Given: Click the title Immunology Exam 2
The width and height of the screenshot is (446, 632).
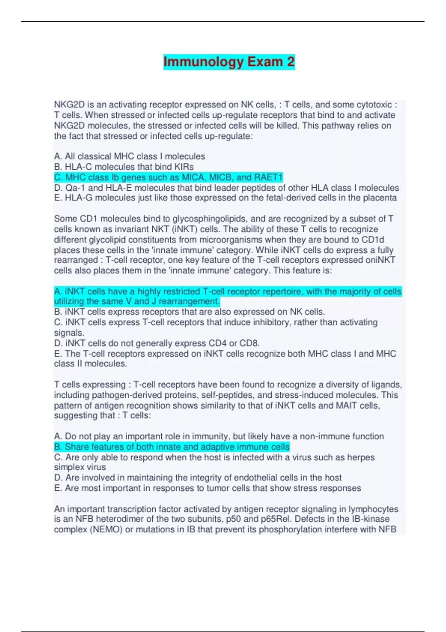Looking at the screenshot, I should click(229, 62).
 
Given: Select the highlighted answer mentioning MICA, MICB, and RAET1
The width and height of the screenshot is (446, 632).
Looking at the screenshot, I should click(168, 177).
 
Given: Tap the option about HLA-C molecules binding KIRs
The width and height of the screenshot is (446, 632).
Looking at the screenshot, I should click(124, 167).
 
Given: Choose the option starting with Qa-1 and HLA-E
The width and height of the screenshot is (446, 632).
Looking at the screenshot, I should click(226, 188).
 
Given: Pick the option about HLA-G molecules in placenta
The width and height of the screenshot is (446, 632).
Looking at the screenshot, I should click(225, 198).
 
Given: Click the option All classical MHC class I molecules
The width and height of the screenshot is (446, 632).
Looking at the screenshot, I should click(129, 157).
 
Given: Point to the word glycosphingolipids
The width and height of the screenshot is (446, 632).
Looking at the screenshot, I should click(214, 219).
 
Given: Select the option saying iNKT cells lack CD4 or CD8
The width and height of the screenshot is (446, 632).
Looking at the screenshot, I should click(157, 343).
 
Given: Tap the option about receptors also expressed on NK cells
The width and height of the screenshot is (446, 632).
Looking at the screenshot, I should click(190, 312).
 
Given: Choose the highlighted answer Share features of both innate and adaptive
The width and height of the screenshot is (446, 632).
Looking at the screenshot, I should click(172, 447).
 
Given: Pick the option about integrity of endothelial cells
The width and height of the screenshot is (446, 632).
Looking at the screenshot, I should click(198, 477).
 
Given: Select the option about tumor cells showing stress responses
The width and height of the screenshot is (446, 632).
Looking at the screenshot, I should click(207, 488).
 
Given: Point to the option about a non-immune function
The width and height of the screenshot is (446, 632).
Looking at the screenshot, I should click(219, 436).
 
